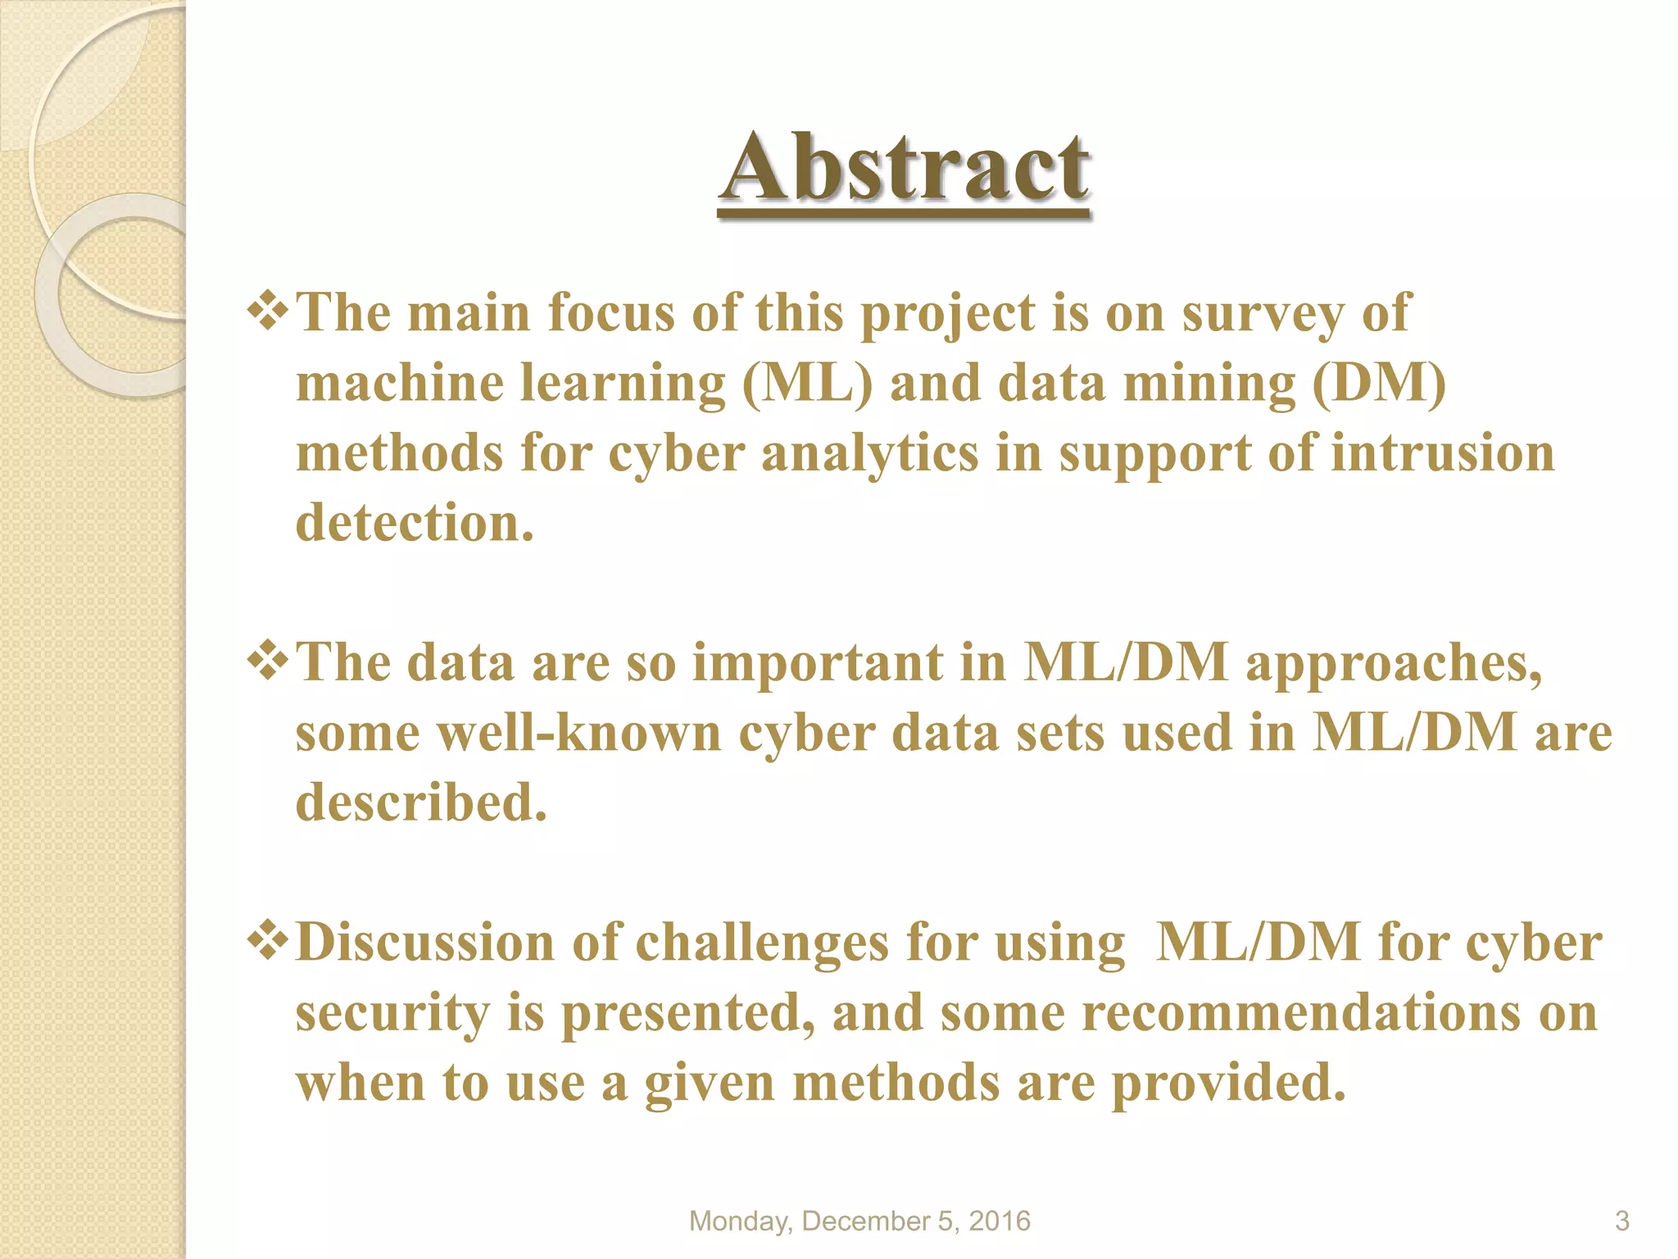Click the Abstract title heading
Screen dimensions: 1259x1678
pos(905,169)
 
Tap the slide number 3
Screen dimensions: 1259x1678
pos(1621,1221)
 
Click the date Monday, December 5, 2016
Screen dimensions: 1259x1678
pos(859,1221)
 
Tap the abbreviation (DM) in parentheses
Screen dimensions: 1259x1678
pos(1379,384)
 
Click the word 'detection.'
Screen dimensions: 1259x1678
pos(415,523)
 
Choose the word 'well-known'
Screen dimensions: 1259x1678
pos(578,732)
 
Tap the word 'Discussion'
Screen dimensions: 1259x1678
pos(425,943)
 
